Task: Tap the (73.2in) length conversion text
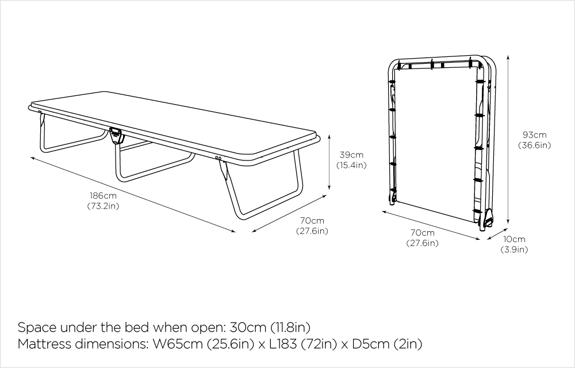(103, 205)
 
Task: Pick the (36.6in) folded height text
(535, 145)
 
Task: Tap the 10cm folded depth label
(513, 239)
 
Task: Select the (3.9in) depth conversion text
(513, 249)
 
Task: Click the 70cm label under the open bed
(312, 221)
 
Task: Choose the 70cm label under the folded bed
(422, 233)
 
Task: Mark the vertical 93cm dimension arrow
(508, 140)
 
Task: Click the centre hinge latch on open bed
(116, 136)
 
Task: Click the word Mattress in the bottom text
(43, 345)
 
